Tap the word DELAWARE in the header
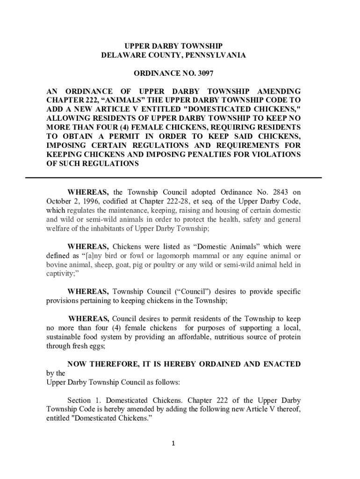(121, 55)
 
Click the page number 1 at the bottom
(173, 443)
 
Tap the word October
(59, 201)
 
